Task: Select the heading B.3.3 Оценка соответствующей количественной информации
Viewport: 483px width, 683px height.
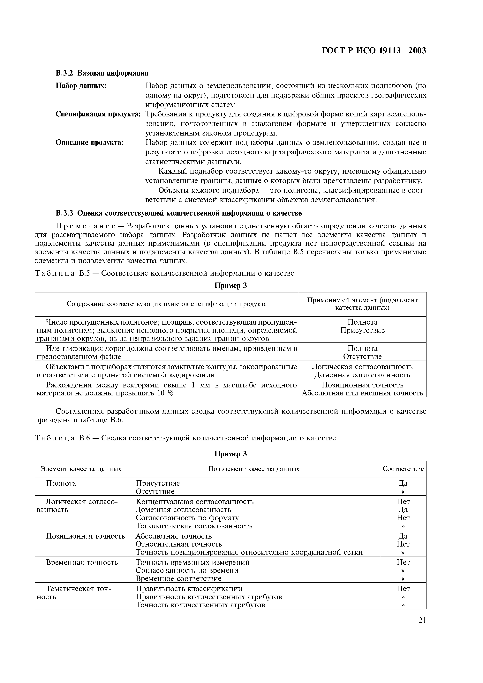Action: (178, 213)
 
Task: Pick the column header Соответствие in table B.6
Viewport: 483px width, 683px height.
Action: (403, 469)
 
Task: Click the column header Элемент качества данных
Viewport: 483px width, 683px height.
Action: (81, 469)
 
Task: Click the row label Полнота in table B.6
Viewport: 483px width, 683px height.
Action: (61, 483)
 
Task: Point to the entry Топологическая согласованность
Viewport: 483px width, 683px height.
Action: (194, 526)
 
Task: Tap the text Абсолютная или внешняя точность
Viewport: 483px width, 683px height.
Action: (362, 393)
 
